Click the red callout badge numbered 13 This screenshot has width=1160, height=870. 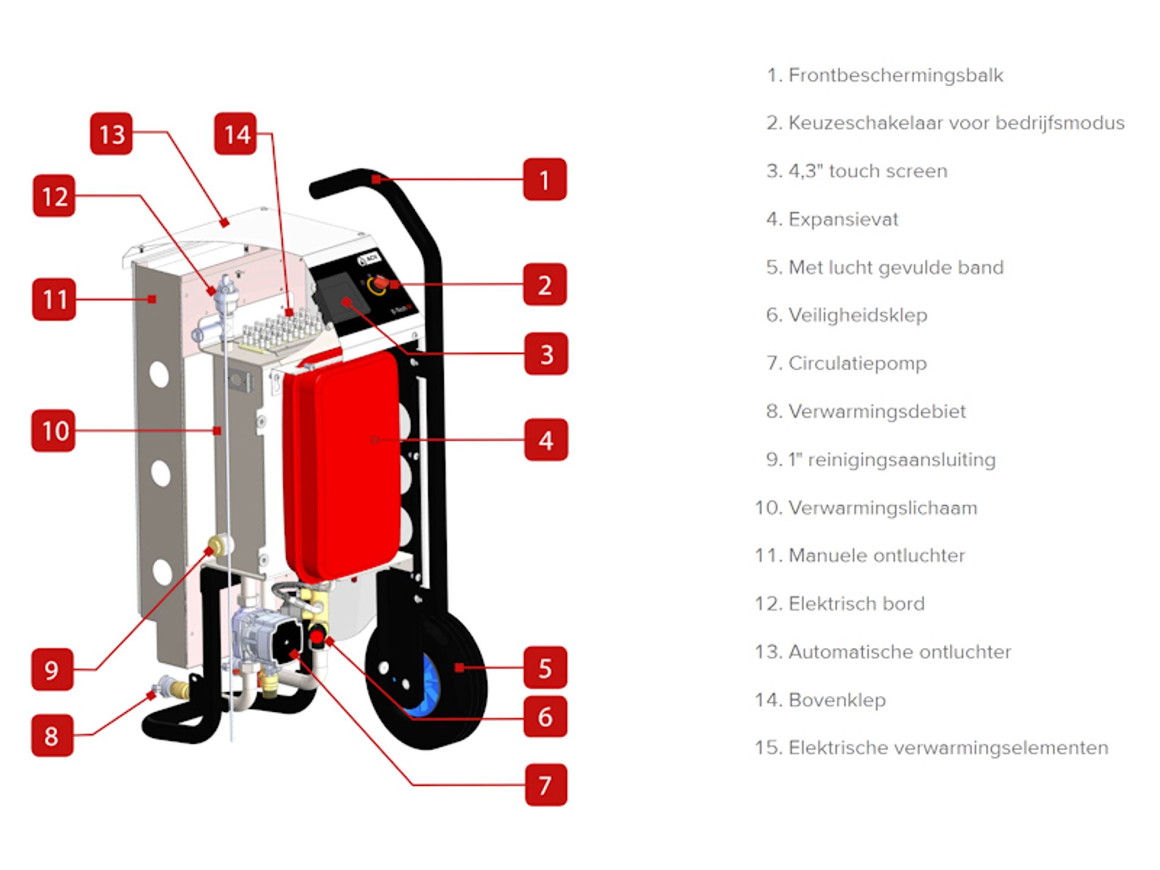tap(111, 133)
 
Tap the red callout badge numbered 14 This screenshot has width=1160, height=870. tap(235, 133)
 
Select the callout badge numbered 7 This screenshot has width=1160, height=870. tap(545, 784)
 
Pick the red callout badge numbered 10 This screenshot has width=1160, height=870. tap(54, 430)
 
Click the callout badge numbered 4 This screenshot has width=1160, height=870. tap(545, 440)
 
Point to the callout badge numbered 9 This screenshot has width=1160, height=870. tap(52, 669)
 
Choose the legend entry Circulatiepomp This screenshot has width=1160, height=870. tap(857, 363)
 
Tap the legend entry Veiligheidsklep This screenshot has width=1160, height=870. tap(857, 315)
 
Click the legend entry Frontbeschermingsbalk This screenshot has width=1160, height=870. tap(895, 75)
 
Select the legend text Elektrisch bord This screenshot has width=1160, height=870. tap(856, 604)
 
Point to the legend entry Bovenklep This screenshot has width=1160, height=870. tap(837, 700)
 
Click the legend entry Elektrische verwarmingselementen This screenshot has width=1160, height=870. tap(947, 748)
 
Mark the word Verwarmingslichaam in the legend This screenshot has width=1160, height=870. tap(882, 508)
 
